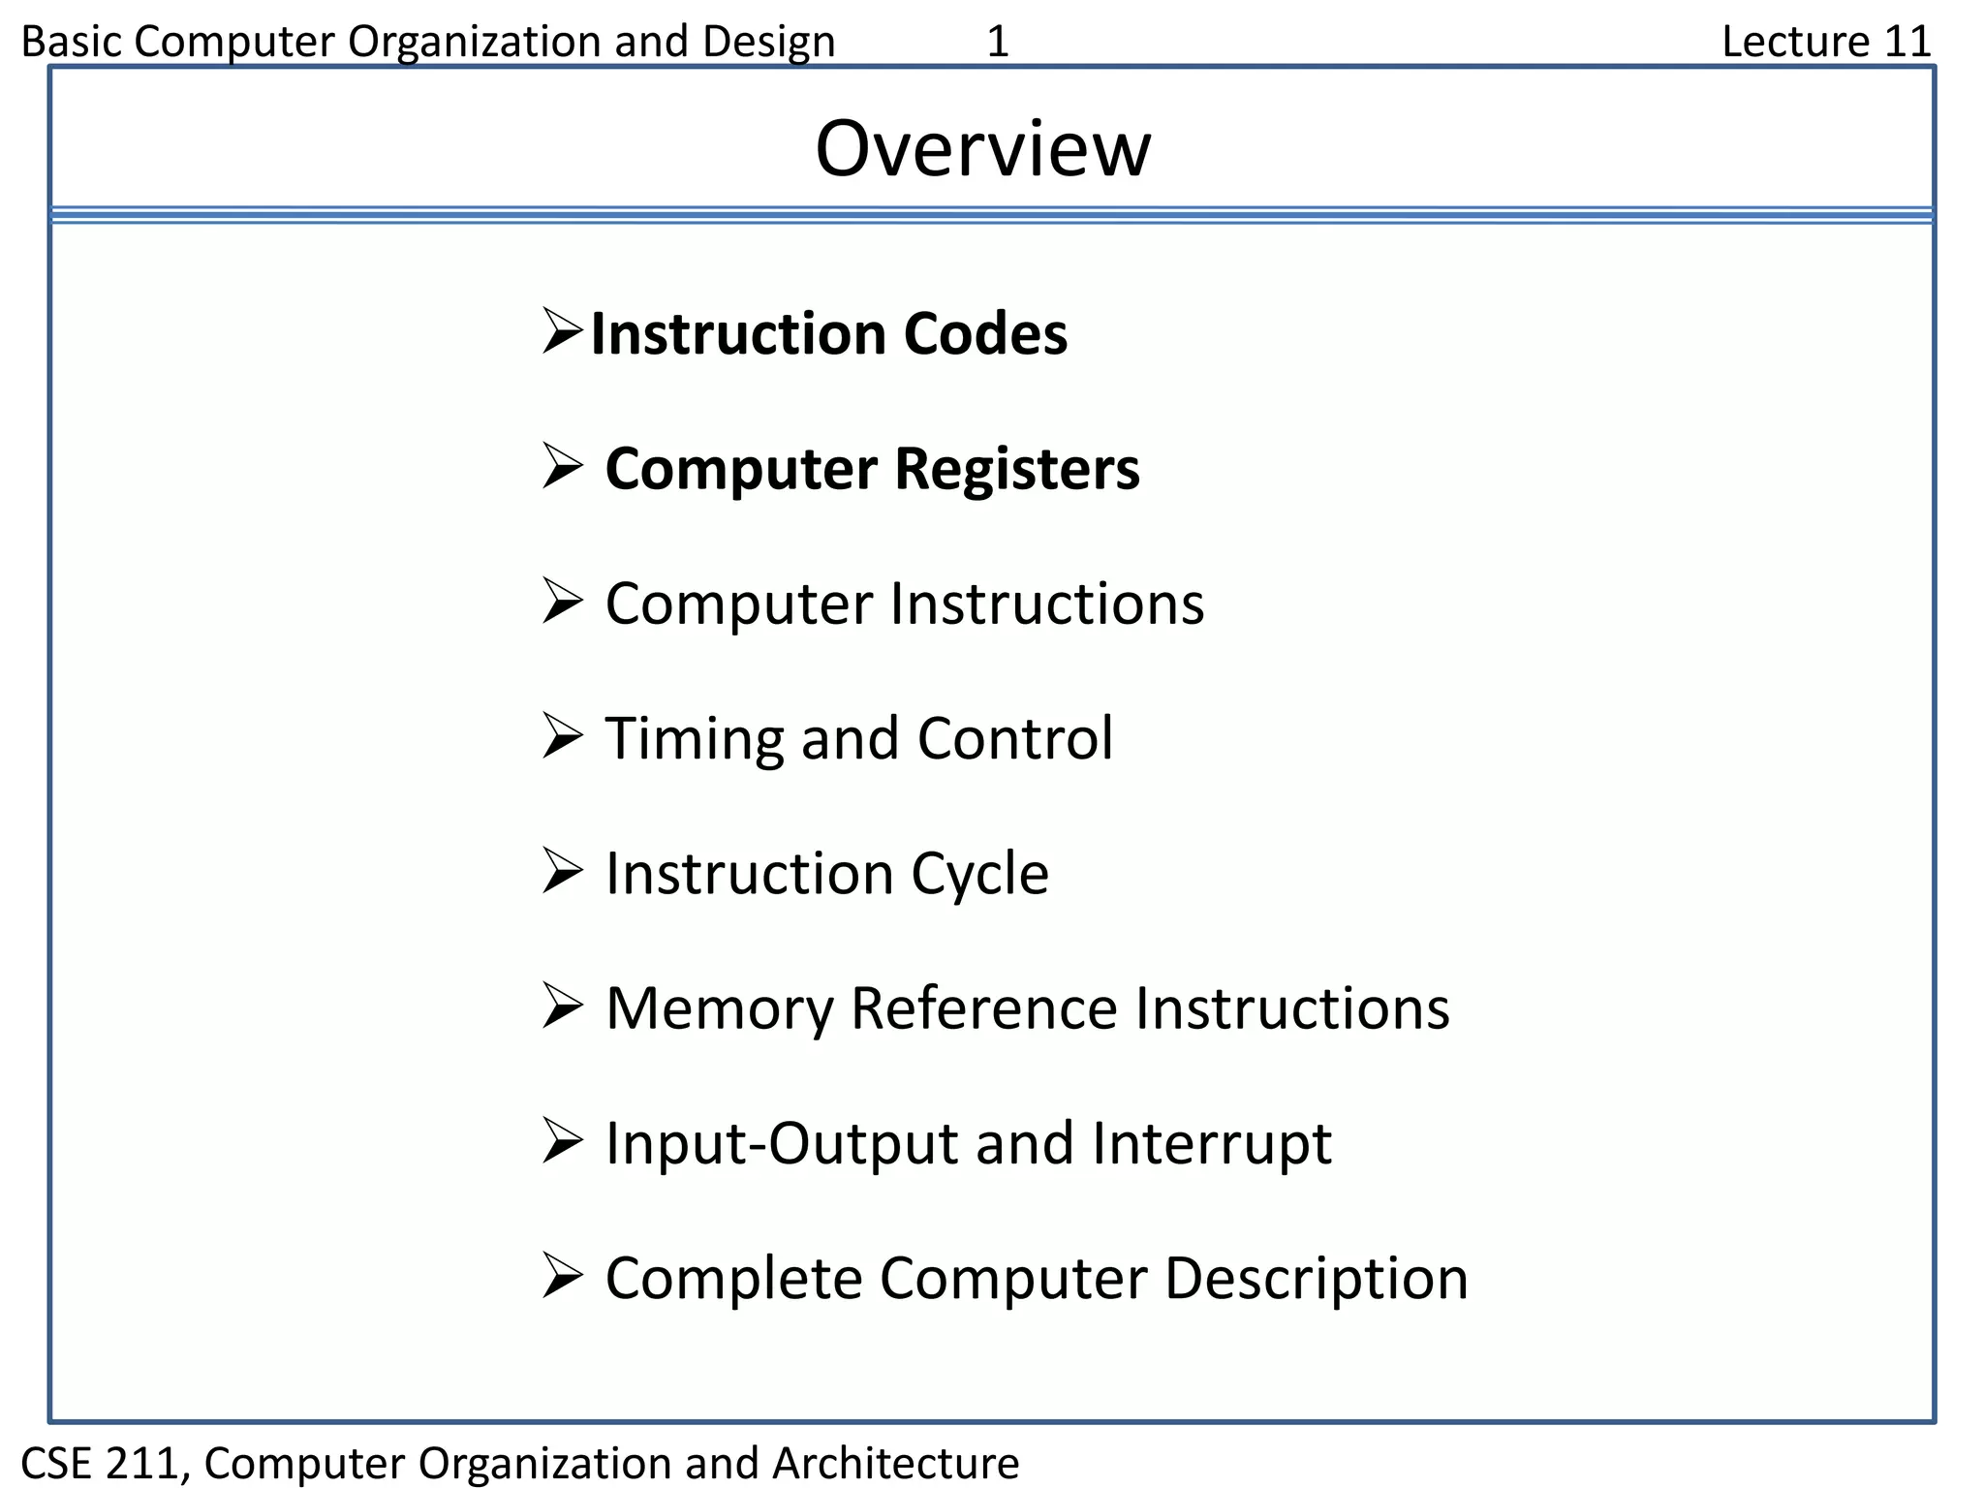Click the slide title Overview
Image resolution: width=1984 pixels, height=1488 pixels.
click(982, 149)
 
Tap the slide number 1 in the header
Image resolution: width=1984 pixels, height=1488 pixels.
click(998, 42)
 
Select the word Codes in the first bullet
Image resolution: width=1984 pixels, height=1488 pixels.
click(985, 334)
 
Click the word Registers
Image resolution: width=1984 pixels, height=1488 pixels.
click(1017, 470)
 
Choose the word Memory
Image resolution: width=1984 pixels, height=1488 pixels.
click(719, 1009)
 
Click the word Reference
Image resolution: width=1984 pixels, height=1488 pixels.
click(983, 1009)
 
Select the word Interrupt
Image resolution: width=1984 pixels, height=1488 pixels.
click(1211, 1144)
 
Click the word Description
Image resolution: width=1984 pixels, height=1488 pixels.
click(1316, 1280)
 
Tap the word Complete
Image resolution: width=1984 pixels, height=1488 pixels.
click(733, 1280)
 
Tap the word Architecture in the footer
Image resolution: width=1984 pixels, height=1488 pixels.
click(896, 1463)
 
